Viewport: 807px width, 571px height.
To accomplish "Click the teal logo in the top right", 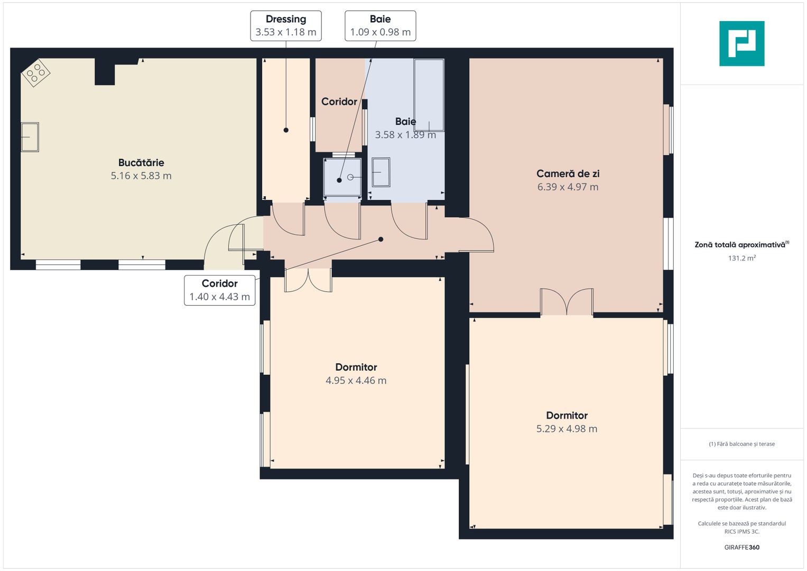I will pyautogui.click(x=741, y=43).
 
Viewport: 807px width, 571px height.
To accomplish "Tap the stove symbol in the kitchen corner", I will pyautogui.click(x=35, y=72).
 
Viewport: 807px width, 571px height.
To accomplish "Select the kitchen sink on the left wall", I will pyautogui.click(x=30, y=137).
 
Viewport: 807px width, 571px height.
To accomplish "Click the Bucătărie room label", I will pyautogui.click(x=141, y=163).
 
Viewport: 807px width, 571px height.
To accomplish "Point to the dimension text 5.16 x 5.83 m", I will pyautogui.click(x=141, y=176).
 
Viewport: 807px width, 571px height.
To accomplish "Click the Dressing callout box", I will pyautogui.click(x=285, y=25).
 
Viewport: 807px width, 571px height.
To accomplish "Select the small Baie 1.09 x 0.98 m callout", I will pyautogui.click(x=380, y=25).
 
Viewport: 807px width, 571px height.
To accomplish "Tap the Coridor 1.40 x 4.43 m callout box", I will pyautogui.click(x=220, y=290).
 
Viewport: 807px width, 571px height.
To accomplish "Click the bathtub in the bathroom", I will pyautogui.click(x=429, y=95).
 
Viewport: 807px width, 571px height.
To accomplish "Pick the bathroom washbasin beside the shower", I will pyautogui.click(x=381, y=172).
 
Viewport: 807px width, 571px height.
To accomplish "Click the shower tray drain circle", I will pyautogui.click(x=350, y=177).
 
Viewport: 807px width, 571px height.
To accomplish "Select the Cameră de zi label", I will pyautogui.click(x=568, y=174).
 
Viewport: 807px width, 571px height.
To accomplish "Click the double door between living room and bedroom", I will pyautogui.click(x=567, y=302).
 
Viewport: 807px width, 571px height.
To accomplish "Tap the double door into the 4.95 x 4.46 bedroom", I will pyautogui.click(x=308, y=280).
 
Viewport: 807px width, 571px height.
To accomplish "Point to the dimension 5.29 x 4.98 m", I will pyautogui.click(x=567, y=429).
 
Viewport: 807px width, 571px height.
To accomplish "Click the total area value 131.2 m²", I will pyautogui.click(x=741, y=259).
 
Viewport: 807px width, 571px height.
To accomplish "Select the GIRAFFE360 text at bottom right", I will pyautogui.click(x=741, y=547).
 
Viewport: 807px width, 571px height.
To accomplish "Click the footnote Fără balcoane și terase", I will pyautogui.click(x=741, y=444).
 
